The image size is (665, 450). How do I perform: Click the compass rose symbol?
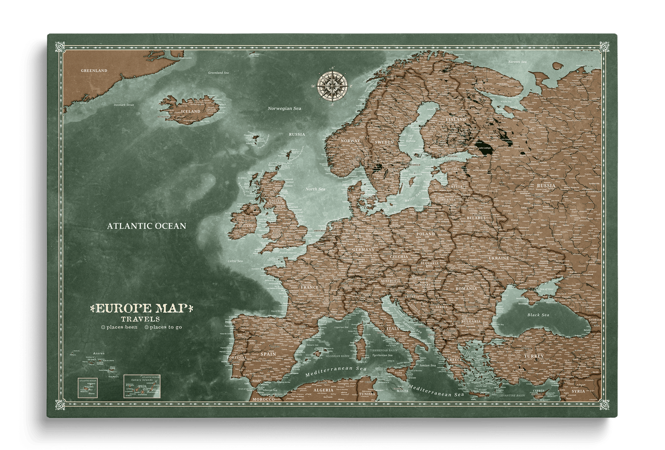(x=331, y=85)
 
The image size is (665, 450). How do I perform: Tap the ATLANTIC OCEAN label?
(x=146, y=226)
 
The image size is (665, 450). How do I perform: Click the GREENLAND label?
(x=94, y=70)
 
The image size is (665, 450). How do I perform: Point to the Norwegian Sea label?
(x=284, y=108)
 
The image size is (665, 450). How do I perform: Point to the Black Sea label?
(x=538, y=315)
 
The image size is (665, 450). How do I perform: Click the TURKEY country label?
(x=533, y=356)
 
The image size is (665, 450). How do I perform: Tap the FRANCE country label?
(x=309, y=287)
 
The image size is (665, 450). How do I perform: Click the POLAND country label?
(x=425, y=234)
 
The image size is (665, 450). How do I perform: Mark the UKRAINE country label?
(x=498, y=258)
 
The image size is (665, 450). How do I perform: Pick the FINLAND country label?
(x=456, y=119)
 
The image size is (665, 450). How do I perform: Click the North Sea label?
(x=315, y=189)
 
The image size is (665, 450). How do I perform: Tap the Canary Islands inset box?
(x=142, y=386)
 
